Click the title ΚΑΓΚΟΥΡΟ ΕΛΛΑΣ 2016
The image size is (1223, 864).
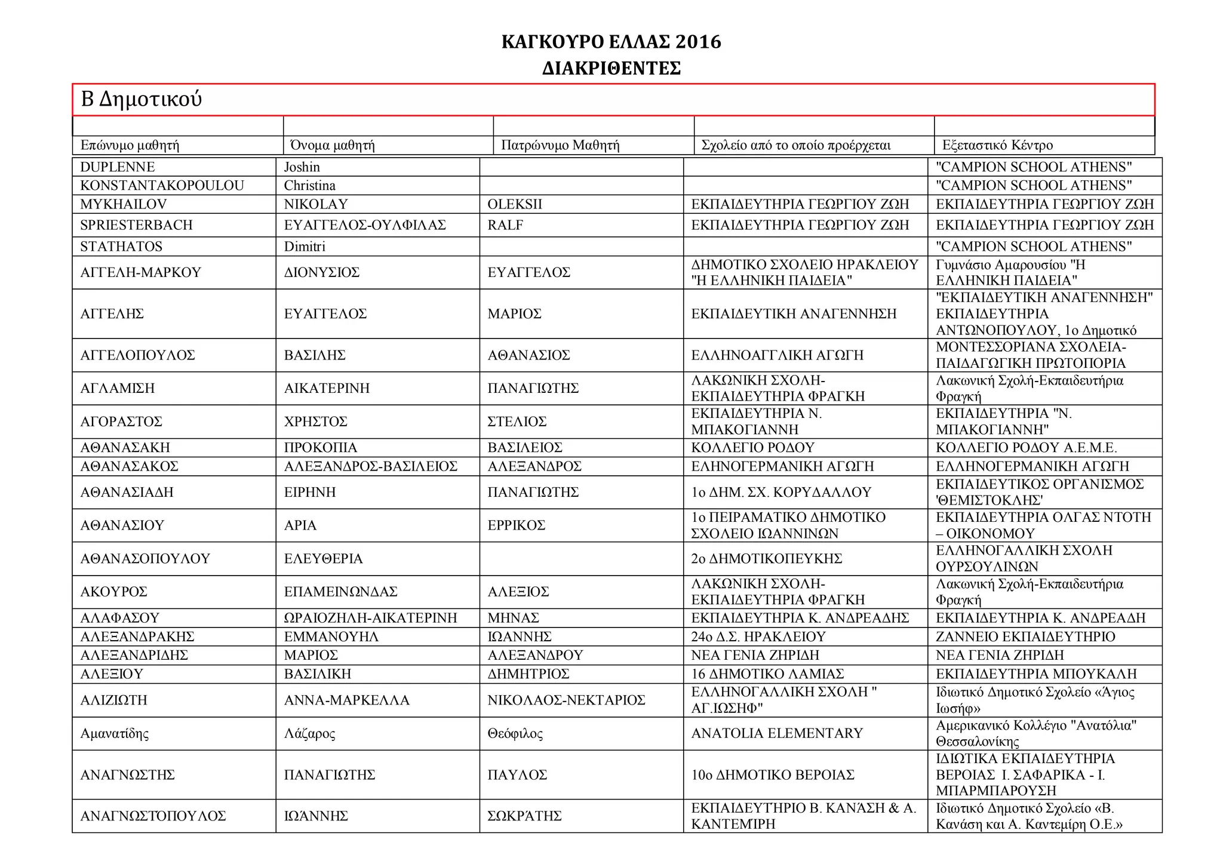[x=611, y=42]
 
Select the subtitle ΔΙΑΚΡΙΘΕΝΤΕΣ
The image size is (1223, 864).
[x=611, y=69]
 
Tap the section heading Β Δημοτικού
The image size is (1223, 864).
[x=142, y=99]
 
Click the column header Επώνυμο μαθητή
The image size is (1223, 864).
[x=130, y=145]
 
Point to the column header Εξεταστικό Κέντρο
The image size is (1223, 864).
[x=997, y=145]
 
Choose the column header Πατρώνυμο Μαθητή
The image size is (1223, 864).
[x=560, y=145]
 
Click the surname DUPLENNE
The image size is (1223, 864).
[x=118, y=167]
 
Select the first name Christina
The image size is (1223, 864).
[x=309, y=186]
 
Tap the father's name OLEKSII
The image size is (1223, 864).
[x=515, y=204]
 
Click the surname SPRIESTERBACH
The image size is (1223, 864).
[x=137, y=225]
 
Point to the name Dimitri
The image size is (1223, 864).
[x=305, y=247]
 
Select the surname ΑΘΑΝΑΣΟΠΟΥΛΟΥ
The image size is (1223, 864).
[x=145, y=559]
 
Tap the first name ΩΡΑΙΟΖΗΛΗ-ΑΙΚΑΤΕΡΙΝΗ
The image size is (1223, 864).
[x=370, y=618]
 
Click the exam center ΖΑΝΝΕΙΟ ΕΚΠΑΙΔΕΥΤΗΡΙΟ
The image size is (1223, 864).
[x=1025, y=637]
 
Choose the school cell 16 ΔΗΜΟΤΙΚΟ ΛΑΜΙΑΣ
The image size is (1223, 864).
[x=767, y=674]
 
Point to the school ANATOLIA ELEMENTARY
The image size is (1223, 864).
[x=777, y=733]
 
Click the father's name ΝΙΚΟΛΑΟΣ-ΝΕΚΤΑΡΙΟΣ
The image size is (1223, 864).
[x=566, y=700]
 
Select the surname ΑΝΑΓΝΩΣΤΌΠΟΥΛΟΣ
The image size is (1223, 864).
[x=153, y=816]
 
